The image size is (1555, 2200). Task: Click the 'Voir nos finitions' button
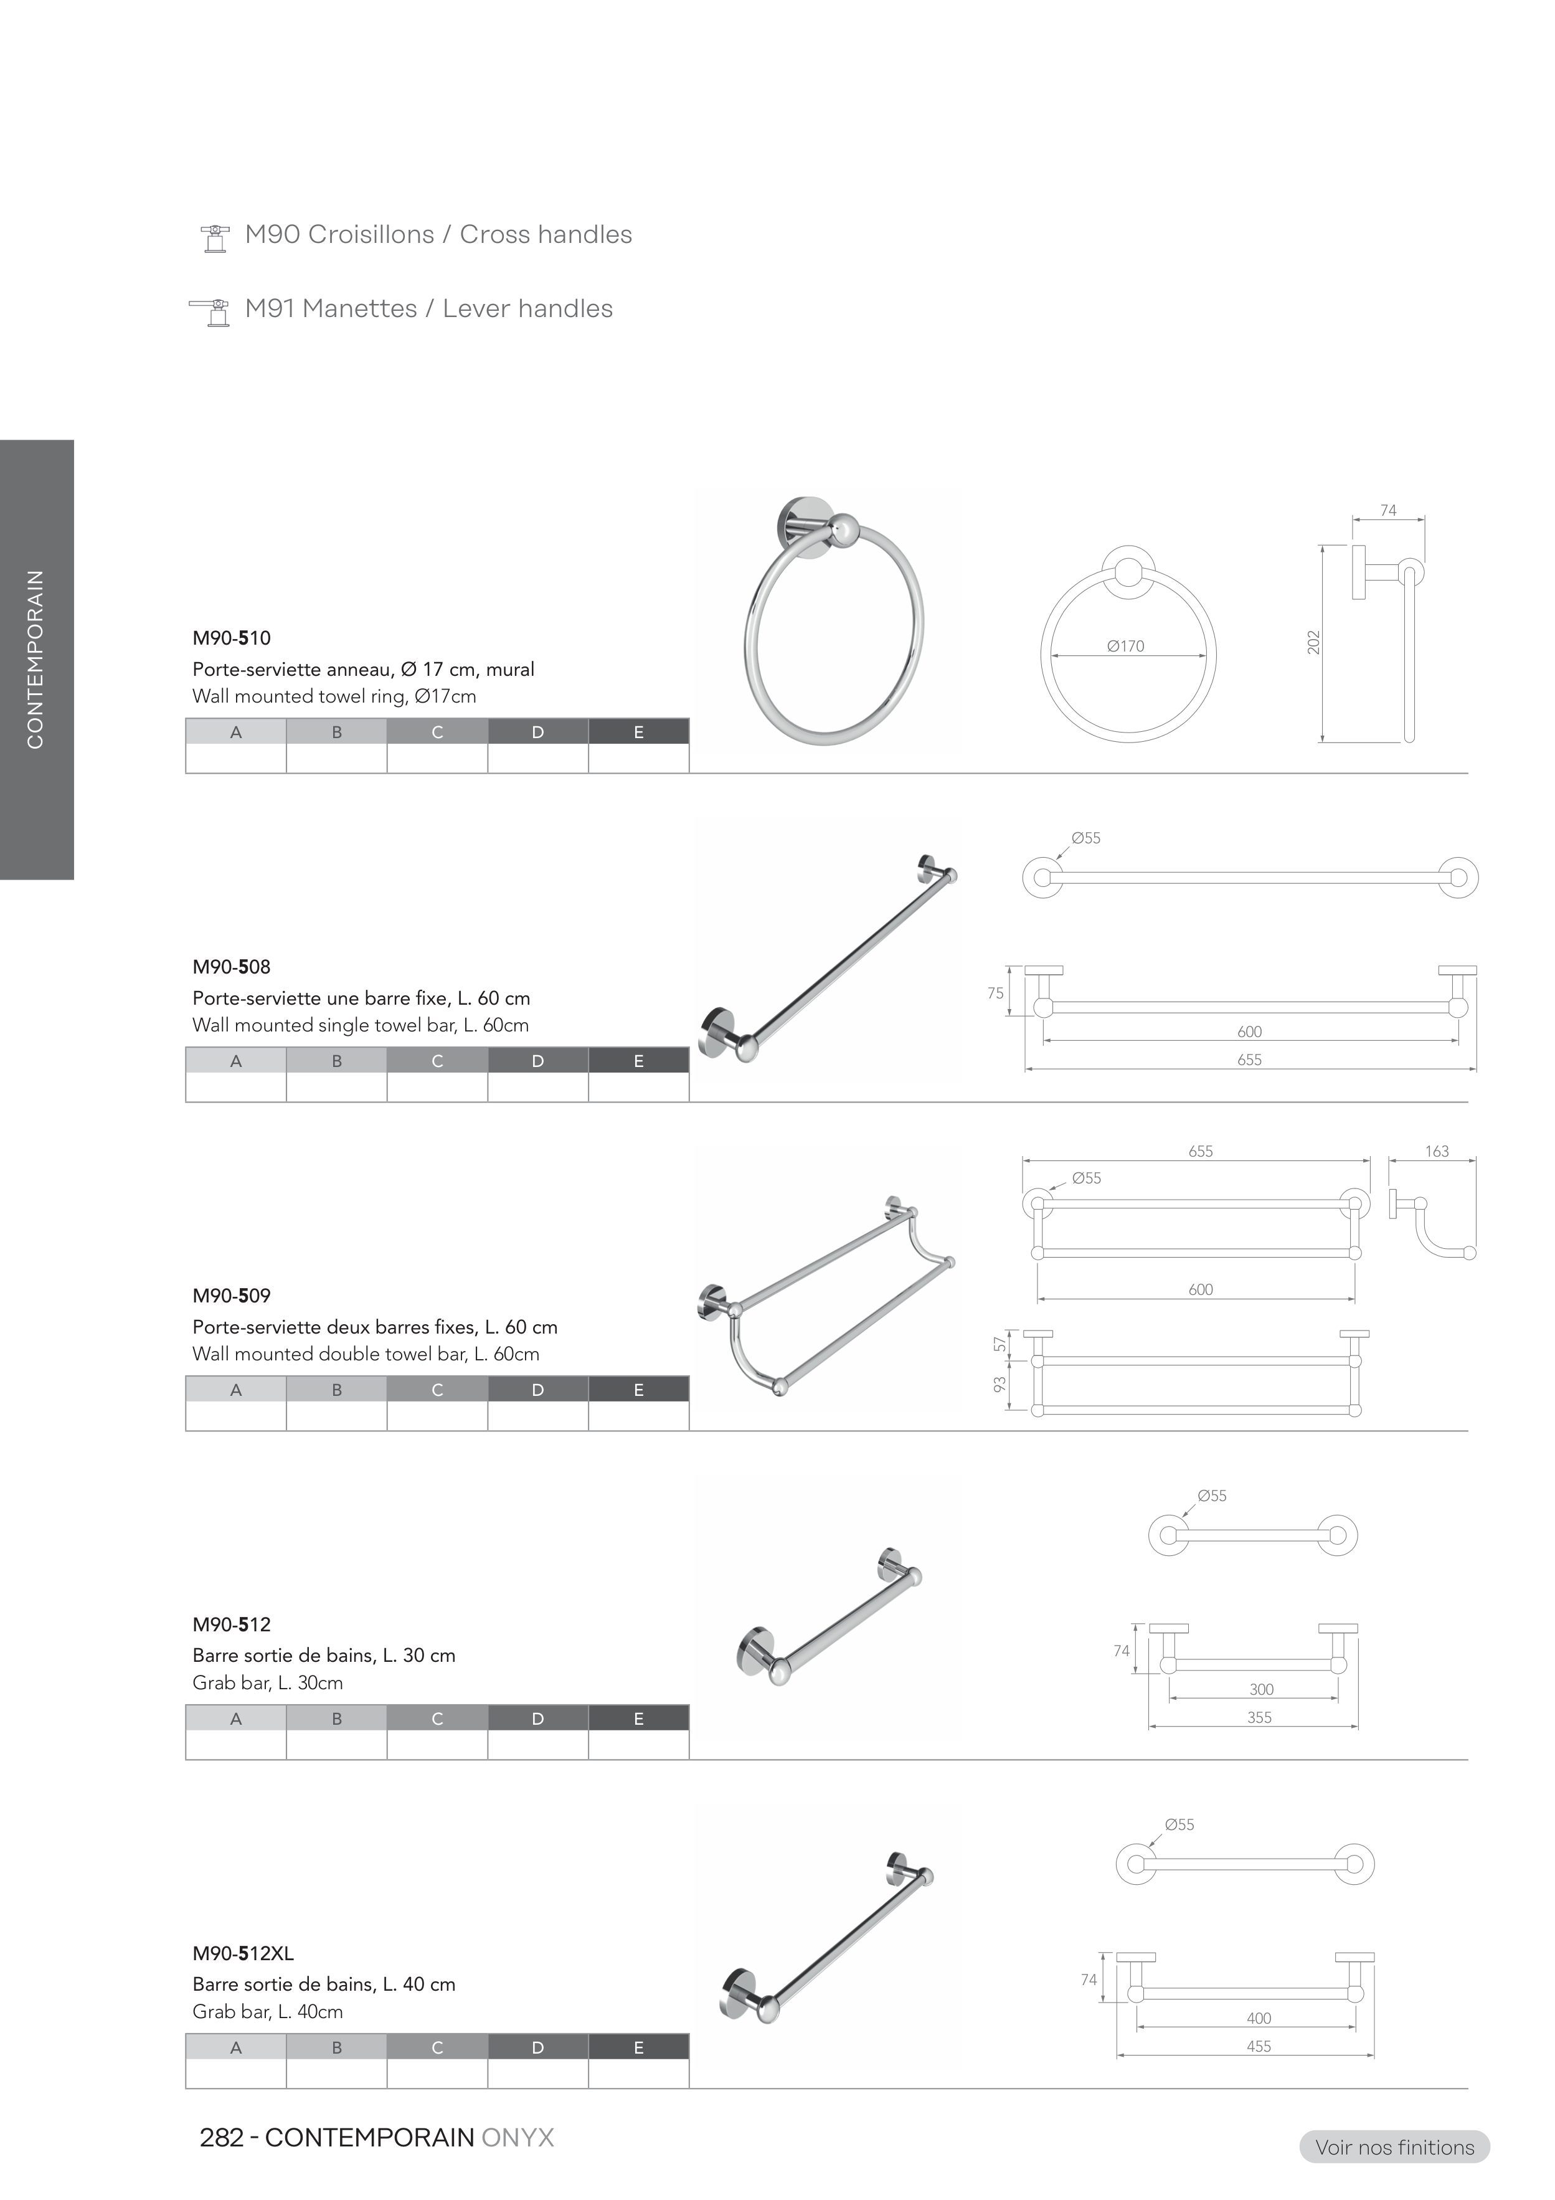(1394, 2146)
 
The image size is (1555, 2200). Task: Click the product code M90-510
(231, 638)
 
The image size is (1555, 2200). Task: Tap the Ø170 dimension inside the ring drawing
(1126, 646)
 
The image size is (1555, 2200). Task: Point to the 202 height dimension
(1313, 642)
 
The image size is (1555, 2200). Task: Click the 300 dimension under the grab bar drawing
(1261, 1689)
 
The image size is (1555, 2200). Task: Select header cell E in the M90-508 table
(638, 1061)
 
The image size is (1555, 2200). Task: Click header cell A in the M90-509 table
(235, 1390)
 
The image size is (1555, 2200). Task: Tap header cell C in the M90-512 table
(437, 1718)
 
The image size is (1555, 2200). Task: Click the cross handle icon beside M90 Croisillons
(215, 239)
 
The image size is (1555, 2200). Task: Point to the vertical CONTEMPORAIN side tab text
(35, 659)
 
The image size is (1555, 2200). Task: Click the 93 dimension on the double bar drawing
(1000, 1385)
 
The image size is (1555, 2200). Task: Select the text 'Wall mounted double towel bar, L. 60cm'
(366, 1354)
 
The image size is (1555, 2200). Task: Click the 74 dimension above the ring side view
(1388, 511)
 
